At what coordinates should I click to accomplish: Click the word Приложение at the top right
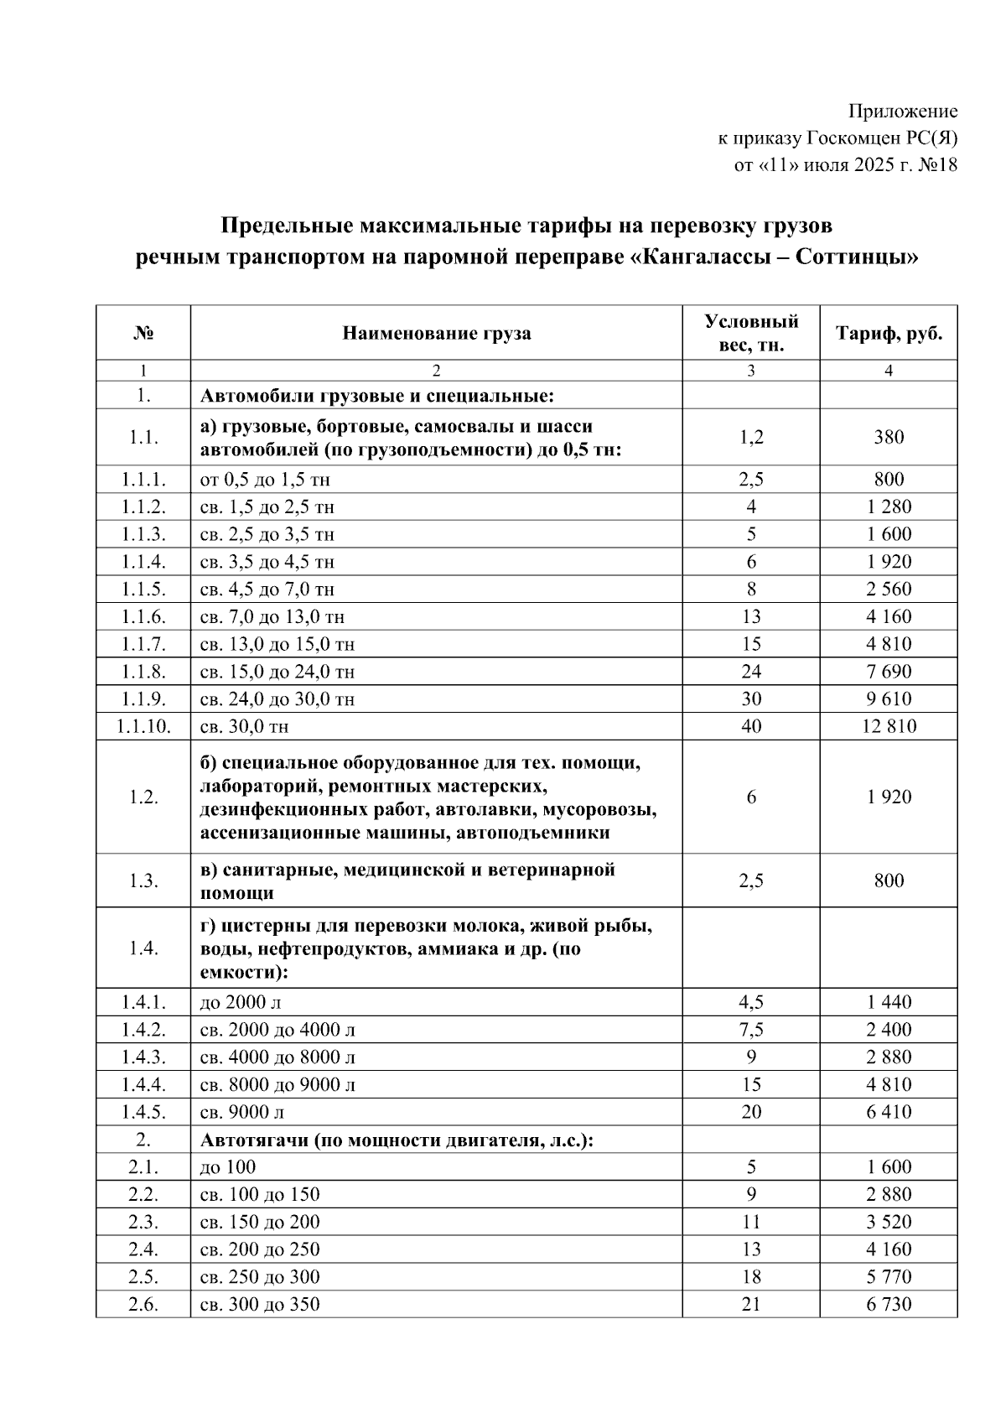tap(903, 112)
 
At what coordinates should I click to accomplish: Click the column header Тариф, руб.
tap(889, 334)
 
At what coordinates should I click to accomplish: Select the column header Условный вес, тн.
tap(750, 334)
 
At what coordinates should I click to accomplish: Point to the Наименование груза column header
tap(436, 334)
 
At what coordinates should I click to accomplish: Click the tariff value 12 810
tap(889, 726)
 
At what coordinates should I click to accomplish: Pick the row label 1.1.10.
tap(143, 726)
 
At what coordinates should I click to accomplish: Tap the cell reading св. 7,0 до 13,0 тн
tap(272, 617)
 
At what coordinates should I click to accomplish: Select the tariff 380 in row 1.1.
tap(889, 437)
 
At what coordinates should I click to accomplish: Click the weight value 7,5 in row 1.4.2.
tap(750, 1030)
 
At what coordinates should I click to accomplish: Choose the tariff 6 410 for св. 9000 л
tap(889, 1112)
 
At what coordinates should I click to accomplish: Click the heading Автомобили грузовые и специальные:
tap(376, 396)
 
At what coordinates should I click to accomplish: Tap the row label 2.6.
tap(143, 1304)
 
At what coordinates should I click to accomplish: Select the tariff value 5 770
tap(889, 1277)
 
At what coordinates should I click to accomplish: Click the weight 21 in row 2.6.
tap(750, 1304)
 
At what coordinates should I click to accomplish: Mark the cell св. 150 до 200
tap(260, 1222)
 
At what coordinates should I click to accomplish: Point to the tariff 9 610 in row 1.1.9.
tap(889, 699)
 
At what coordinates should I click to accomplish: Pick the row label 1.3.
tap(143, 880)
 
